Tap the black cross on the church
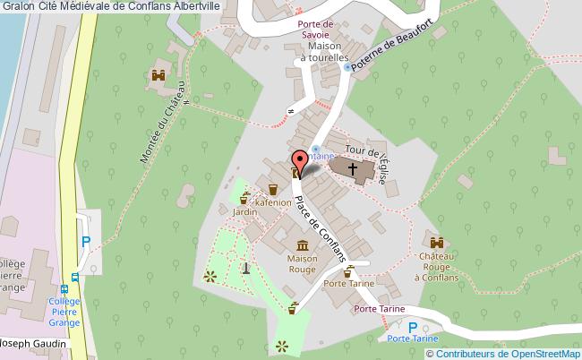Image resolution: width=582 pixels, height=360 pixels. click(x=353, y=168)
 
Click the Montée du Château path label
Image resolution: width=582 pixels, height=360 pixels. click(x=164, y=123)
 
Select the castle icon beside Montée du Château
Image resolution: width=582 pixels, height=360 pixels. click(x=159, y=75)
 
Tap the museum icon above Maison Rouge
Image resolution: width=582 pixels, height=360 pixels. click(x=303, y=244)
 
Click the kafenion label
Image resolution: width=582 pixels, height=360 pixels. click(x=272, y=202)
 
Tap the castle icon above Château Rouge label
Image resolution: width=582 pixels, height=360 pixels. click(x=437, y=243)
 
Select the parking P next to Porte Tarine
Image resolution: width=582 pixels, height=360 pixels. click(x=413, y=328)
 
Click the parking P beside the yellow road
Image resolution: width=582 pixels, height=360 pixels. click(x=86, y=241)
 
